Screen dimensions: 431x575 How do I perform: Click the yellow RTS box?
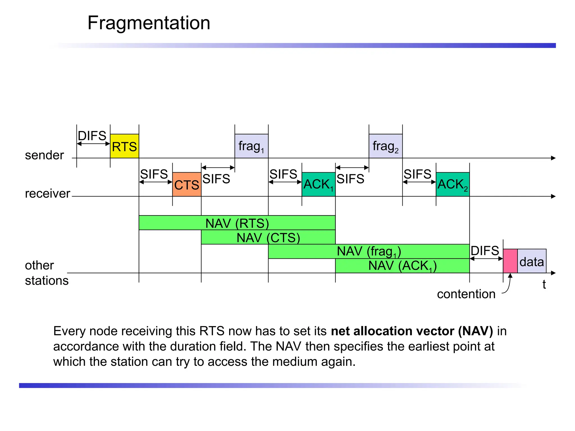click(x=124, y=146)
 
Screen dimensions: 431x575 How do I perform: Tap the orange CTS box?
click(x=187, y=184)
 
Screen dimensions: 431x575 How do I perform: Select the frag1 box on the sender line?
click(x=251, y=146)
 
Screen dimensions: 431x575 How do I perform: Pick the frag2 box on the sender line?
click(x=385, y=146)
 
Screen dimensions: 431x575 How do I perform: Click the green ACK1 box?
click(x=318, y=184)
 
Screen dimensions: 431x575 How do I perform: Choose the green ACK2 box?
click(x=453, y=184)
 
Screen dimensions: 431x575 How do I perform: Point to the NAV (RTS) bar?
click(x=237, y=223)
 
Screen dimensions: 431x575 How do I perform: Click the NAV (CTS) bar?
click(x=268, y=237)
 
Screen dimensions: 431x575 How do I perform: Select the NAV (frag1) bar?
click(x=369, y=251)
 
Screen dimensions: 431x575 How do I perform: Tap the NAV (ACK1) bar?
click(x=402, y=266)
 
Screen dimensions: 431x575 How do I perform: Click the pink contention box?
click(x=510, y=261)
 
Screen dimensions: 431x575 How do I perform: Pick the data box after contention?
click(x=532, y=261)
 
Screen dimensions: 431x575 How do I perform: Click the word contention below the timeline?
click(x=466, y=294)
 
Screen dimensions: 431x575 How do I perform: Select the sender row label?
click(x=44, y=155)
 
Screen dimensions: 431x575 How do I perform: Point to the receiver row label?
click(x=47, y=194)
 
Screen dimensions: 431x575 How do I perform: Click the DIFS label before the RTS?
click(x=92, y=136)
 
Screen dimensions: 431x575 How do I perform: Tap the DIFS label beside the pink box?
click(x=485, y=251)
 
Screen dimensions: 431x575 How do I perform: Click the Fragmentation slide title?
click(x=149, y=23)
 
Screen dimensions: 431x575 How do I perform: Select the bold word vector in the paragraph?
click(x=435, y=331)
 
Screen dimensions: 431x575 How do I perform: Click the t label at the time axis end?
click(x=544, y=285)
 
